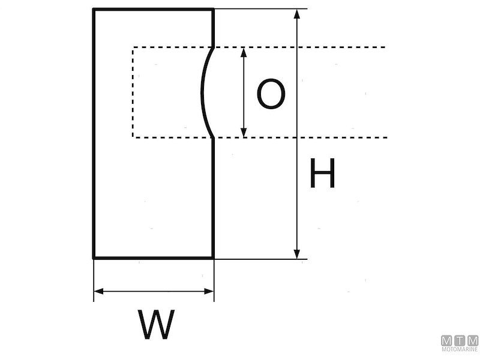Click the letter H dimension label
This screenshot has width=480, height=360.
click(322, 175)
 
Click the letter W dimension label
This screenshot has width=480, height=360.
click(157, 325)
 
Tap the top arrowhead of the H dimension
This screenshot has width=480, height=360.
click(296, 13)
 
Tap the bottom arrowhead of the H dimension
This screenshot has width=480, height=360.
click(296, 254)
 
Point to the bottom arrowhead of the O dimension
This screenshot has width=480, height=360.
click(244, 133)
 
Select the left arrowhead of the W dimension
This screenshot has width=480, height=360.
click(98, 292)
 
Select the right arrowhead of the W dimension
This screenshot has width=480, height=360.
click(209, 292)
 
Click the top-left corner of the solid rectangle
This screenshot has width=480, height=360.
click(94, 9)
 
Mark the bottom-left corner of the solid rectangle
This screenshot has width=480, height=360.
click(94, 258)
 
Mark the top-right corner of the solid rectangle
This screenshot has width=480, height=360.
click(214, 9)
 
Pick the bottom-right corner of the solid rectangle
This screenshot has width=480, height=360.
click(214, 258)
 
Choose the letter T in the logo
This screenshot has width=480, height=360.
click(460, 340)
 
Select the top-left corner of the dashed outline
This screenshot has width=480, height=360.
click(133, 47)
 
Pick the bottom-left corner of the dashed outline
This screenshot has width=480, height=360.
click(133, 137)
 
